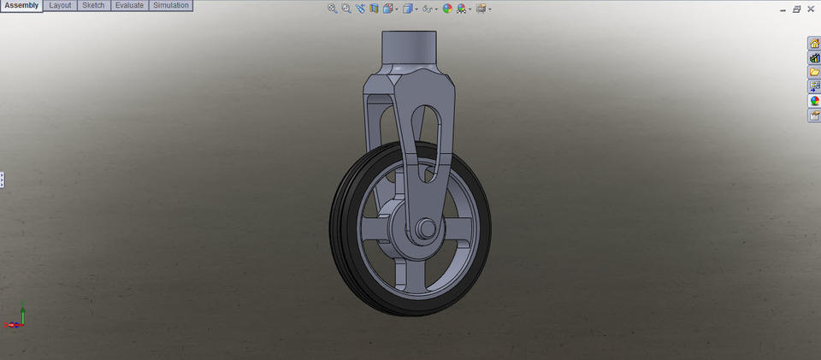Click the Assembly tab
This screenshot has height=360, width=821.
click(x=21, y=6)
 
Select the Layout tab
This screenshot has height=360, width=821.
click(x=60, y=6)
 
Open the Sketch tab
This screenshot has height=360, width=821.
click(x=93, y=6)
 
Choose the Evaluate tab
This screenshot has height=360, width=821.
click(x=128, y=6)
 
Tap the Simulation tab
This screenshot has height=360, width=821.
click(x=170, y=6)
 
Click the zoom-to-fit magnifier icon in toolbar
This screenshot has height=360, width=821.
click(x=333, y=9)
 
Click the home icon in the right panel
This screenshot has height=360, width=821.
click(x=814, y=44)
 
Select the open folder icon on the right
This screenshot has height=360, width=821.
click(x=814, y=72)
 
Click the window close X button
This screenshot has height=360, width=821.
click(x=810, y=9)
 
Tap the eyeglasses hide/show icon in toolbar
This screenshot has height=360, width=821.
click(x=428, y=9)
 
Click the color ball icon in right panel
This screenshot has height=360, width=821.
click(x=814, y=101)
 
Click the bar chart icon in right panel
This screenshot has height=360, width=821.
click(x=814, y=58)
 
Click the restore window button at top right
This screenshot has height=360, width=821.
click(x=796, y=9)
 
